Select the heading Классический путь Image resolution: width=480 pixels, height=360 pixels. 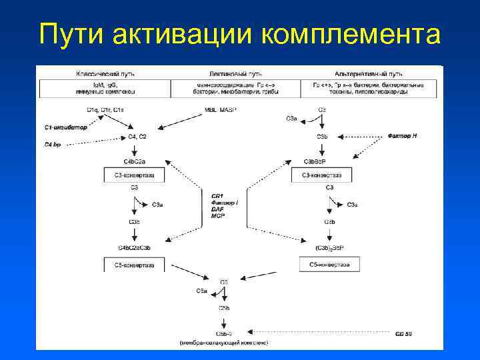(x=100, y=71)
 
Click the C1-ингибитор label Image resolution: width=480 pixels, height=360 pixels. (x=65, y=127)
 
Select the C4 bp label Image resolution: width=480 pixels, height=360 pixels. (x=53, y=144)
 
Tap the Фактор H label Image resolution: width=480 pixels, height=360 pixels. (x=403, y=136)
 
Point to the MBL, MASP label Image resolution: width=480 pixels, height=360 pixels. (x=223, y=109)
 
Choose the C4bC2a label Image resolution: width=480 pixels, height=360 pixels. (x=135, y=161)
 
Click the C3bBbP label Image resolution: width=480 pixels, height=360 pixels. (x=319, y=161)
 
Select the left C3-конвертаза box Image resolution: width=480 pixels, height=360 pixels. (x=135, y=175)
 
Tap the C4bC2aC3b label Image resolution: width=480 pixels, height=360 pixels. (x=135, y=248)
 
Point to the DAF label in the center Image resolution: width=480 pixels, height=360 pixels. (x=217, y=209)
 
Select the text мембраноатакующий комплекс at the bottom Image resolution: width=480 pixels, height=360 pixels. (x=224, y=342)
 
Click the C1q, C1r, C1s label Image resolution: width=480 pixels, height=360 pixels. (x=104, y=109)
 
